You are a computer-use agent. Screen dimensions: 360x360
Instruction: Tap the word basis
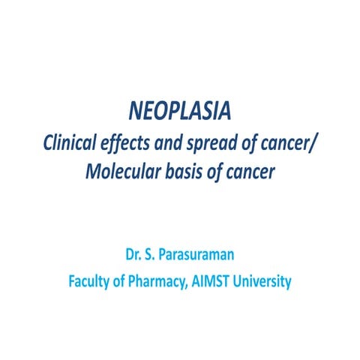181,171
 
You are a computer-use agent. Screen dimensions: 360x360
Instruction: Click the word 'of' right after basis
214,171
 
